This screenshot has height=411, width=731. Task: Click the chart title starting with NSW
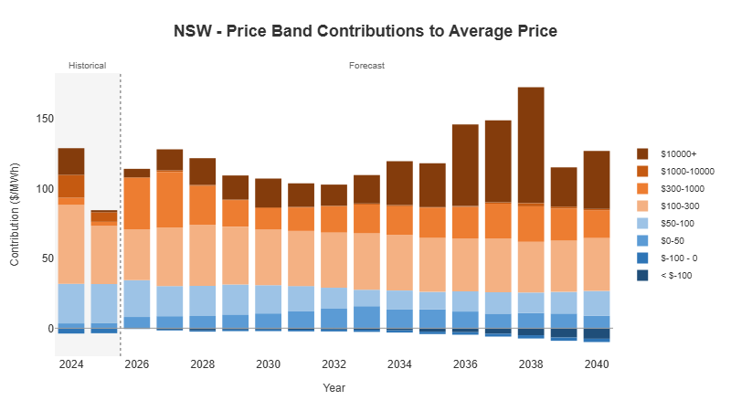point(365,31)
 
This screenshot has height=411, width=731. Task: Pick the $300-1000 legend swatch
point(643,188)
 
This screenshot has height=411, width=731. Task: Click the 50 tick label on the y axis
point(40,258)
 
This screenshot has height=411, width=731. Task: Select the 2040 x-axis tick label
point(597,364)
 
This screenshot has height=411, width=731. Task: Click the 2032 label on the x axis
point(334,364)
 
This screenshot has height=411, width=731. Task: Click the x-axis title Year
point(334,387)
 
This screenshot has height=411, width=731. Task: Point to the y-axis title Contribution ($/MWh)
point(15,217)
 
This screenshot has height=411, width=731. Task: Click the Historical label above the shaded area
point(88,66)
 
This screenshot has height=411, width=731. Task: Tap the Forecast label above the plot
point(366,66)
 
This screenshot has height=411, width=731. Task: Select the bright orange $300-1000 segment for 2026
point(136,203)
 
